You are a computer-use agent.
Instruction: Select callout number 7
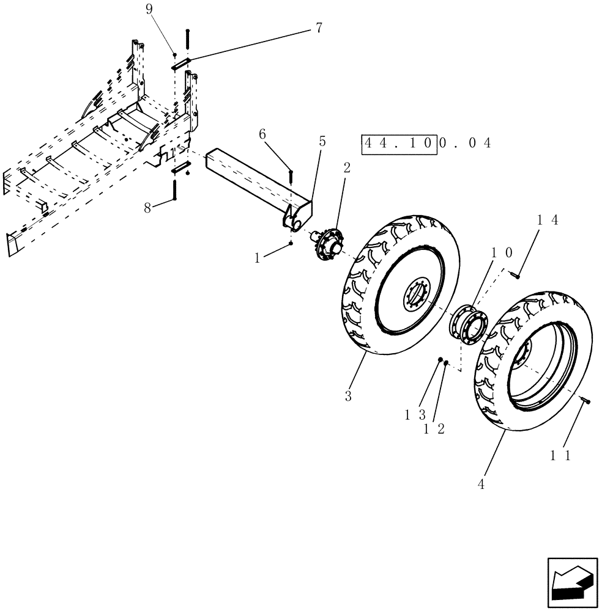319,28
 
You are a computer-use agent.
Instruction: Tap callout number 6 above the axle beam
262,135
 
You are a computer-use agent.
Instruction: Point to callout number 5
322,142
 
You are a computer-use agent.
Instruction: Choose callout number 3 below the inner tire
348,395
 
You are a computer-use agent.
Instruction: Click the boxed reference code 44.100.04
427,143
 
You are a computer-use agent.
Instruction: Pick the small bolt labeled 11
586,400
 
